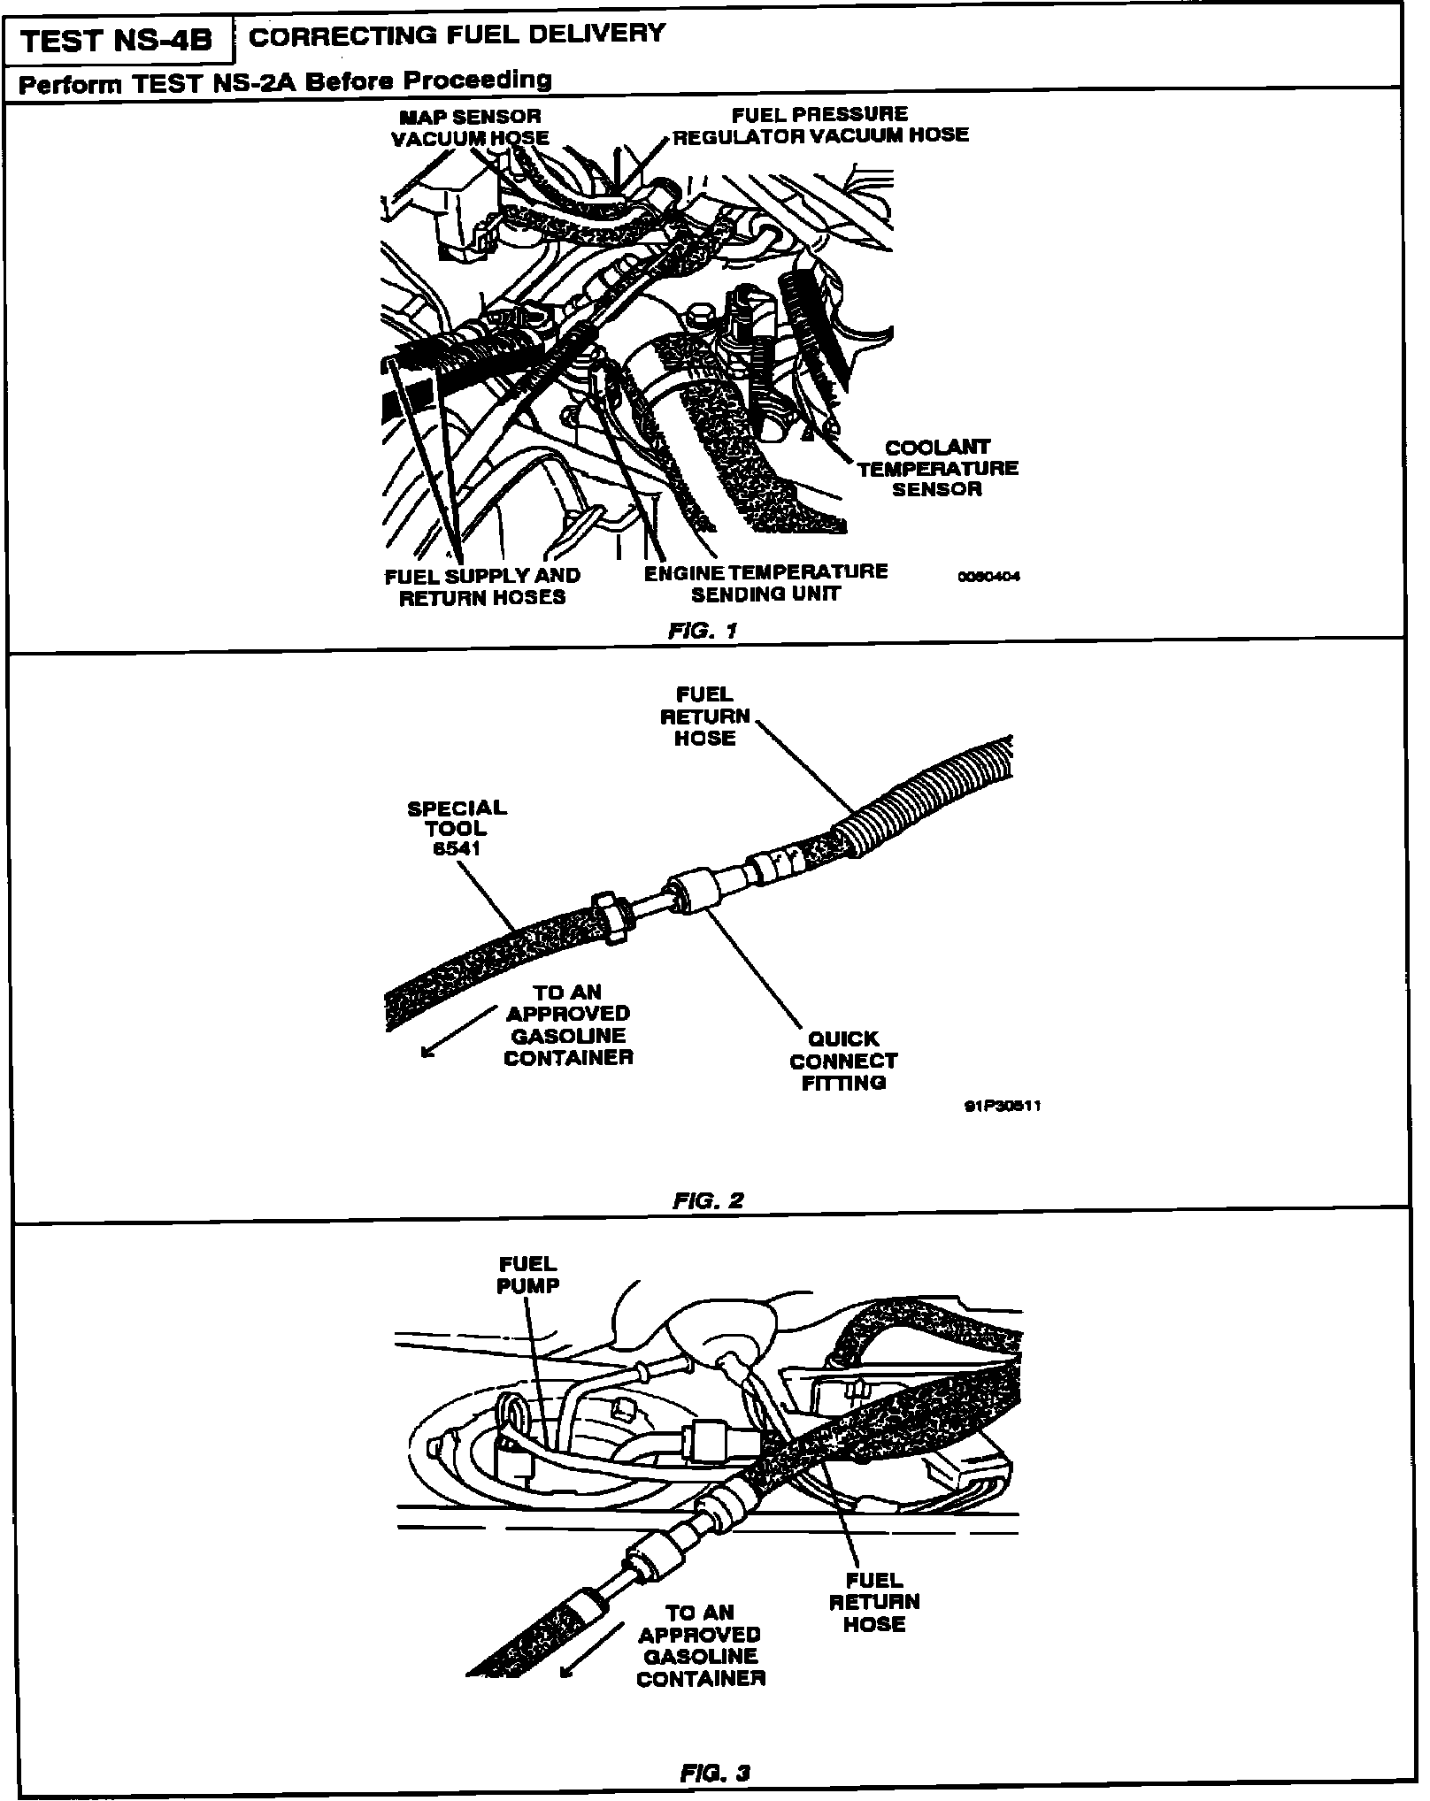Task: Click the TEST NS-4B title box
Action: point(117,42)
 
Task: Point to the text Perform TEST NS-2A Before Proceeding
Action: point(285,81)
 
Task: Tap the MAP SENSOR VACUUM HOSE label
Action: point(470,127)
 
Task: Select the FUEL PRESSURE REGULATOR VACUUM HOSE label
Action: point(820,125)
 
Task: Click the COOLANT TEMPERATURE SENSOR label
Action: point(937,469)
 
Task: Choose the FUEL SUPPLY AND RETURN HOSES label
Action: point(482,586)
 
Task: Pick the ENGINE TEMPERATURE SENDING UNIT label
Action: point(765,582)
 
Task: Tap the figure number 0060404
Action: point(988,576)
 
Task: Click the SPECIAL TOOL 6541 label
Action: point(457,828)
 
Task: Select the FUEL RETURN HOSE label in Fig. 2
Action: point(704,716)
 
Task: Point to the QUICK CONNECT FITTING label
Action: point(843,1060)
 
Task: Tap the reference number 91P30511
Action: point(1002,1106)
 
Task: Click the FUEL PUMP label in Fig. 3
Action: point(528,1275)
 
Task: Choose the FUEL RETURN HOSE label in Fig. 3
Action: point(874,1601)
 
